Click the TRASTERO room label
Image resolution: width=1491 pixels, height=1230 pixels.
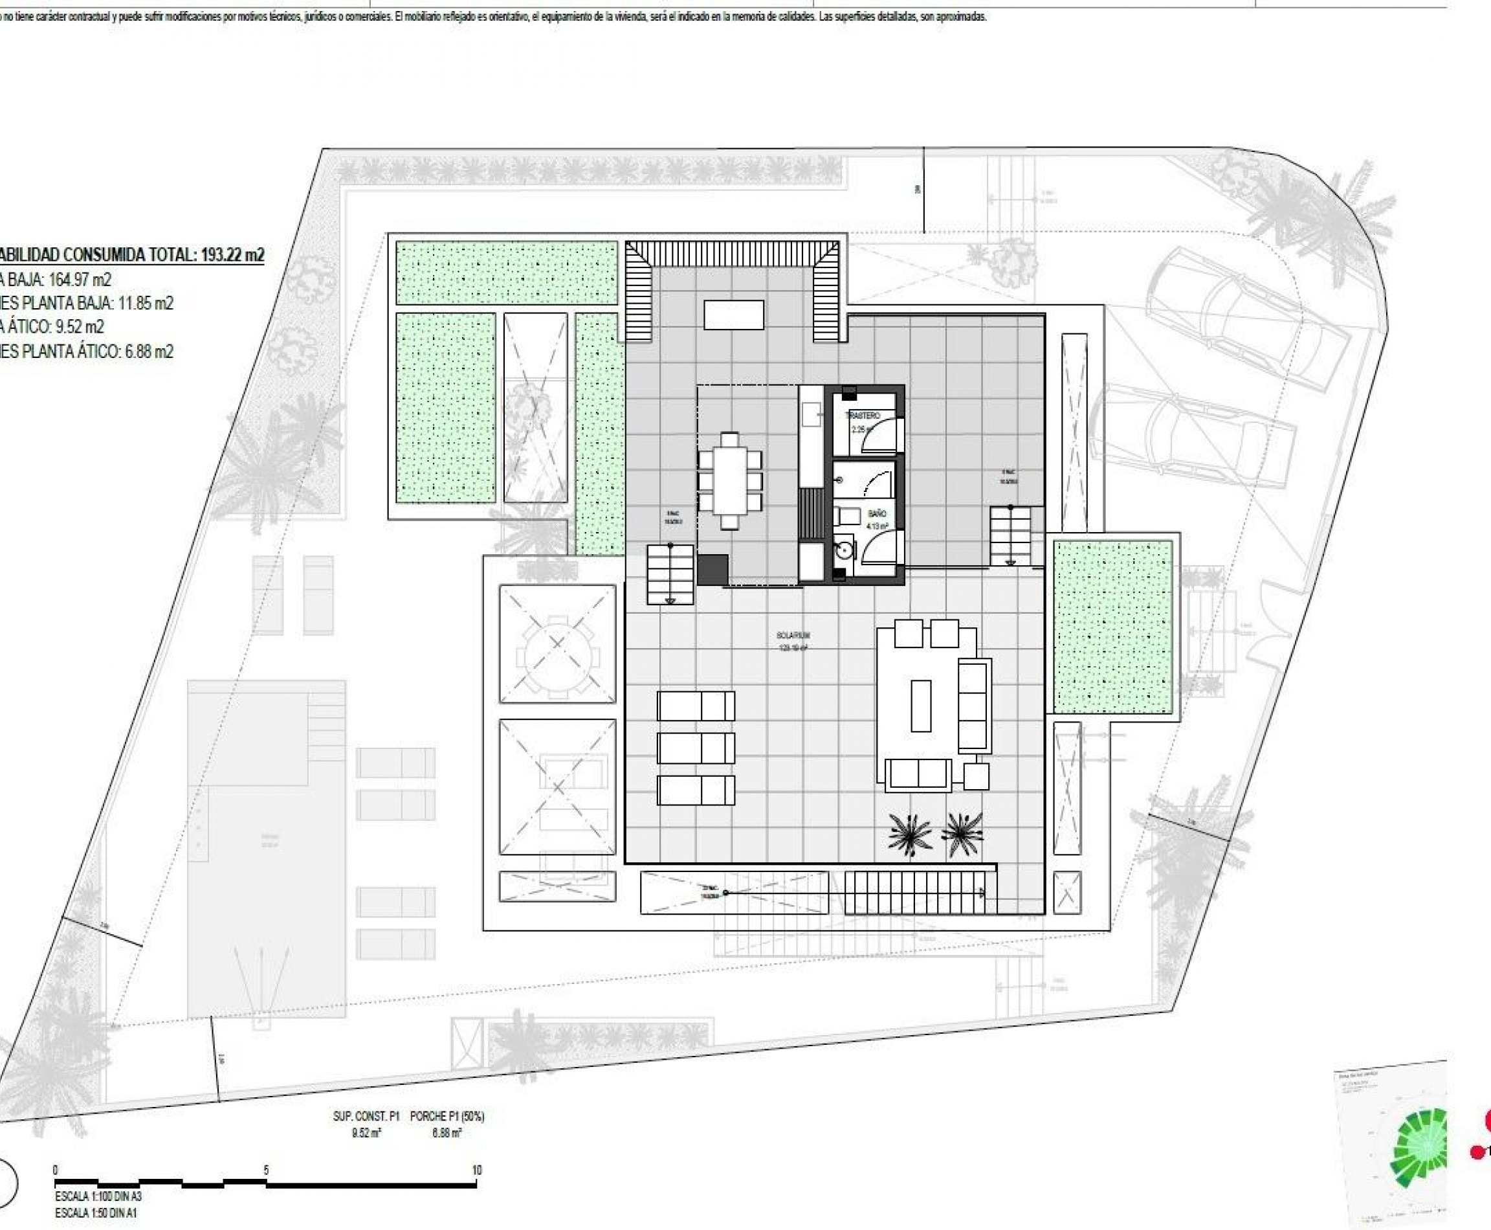click(x=863, y=415)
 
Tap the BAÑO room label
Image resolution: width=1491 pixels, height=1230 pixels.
click(x=877, y=513)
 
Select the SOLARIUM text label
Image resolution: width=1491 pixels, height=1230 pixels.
click(x=793, y=636)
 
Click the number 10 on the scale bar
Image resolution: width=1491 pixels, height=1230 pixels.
click(x=477, y=1170)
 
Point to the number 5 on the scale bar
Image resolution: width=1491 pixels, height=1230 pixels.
click(x=267, y=1170)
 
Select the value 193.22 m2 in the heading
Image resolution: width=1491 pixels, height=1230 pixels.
click(x=232, y=255)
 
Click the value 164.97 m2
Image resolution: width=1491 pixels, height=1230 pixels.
click(x=80, y=279)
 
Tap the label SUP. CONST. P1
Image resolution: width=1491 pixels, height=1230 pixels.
click(x=366, y=1116)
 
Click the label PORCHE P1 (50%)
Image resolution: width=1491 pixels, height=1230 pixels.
click(x=447, y=1116)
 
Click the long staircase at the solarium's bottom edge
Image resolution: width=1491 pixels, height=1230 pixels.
click(x=914, y=893)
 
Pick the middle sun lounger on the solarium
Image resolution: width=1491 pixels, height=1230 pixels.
click(x=696, y=748)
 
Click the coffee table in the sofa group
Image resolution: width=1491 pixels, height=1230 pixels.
click(x=921, y=705)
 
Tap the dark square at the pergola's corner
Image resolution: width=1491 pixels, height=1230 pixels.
click(x=712, y=570)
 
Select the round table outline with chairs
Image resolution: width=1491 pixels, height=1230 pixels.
click(x=557, y=643)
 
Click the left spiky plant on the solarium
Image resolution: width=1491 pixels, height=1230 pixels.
click(x=909, y=834)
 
